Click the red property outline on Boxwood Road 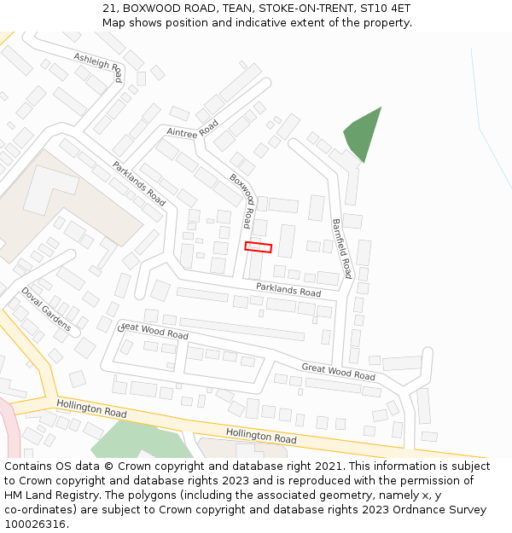point(259,247)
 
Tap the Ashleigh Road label point(98,67)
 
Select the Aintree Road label point(193,129)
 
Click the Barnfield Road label point(341,248)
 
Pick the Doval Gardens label point(46,308)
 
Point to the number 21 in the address point(109,9)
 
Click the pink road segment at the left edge point(9,426)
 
